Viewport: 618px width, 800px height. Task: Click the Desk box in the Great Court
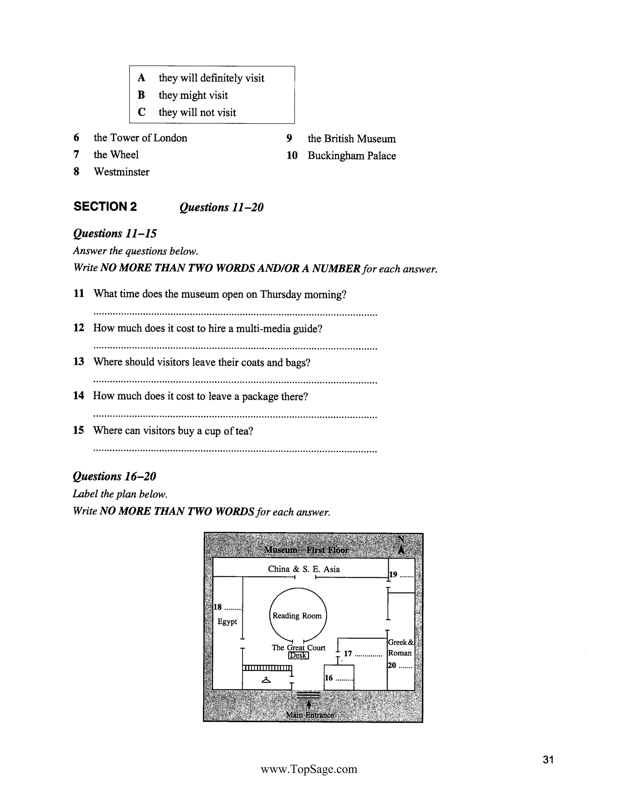298,655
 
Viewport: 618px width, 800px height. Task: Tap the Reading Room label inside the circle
297,616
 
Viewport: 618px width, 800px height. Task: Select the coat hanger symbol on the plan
266,680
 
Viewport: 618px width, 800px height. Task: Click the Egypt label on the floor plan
227,622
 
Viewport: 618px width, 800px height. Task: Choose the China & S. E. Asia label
304,569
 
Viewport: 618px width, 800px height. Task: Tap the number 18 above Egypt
218,607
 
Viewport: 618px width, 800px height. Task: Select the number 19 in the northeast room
393,574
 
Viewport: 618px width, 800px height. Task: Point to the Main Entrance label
310,715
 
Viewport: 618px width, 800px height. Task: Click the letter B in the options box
141,95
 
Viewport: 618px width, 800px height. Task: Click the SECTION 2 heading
105,206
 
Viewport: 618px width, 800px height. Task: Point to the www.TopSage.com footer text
309,769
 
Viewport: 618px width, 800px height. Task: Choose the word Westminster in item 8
122,172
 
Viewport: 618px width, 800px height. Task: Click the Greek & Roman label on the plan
400,648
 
